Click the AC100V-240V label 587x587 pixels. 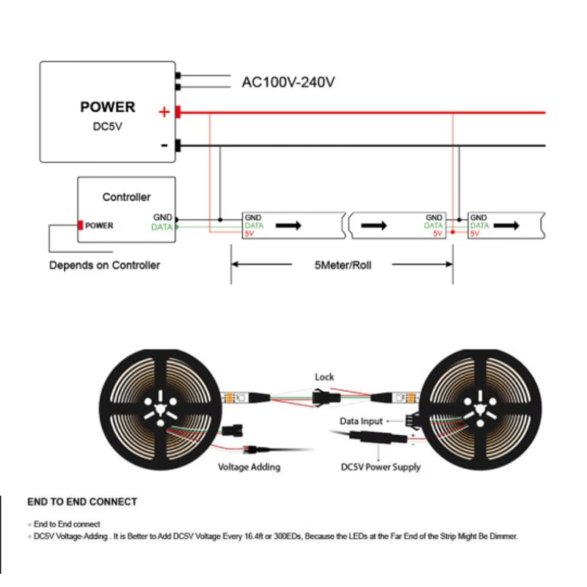[288, 82]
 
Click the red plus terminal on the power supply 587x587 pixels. [178, 112]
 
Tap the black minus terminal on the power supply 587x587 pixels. [178, 145]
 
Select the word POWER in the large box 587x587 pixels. [108, 107]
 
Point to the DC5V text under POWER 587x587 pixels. [107, 126]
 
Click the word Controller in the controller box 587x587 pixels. [126, 197]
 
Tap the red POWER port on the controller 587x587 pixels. [81, 225]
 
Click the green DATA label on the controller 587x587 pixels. [161, 227]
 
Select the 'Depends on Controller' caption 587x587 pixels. [104, 265]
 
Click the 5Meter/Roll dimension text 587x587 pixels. [342, 265]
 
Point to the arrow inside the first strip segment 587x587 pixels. [288, 225]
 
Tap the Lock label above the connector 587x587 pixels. [324, 377]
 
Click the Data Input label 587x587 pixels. [361, 422]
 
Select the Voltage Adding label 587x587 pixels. [249, 467]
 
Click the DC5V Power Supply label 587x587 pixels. [381, 467]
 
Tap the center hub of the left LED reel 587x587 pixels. [158, 407]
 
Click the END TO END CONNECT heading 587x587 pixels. [82, 502]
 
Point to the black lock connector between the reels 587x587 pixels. [324, 397]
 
